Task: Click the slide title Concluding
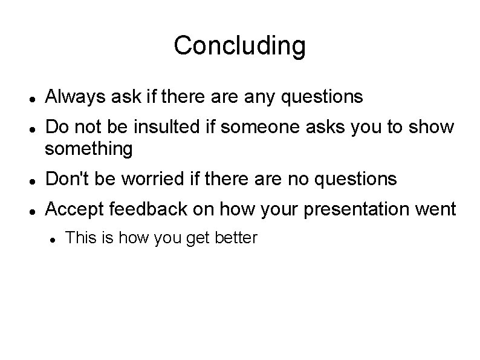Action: (239, 45)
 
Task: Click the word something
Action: (89, 148)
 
